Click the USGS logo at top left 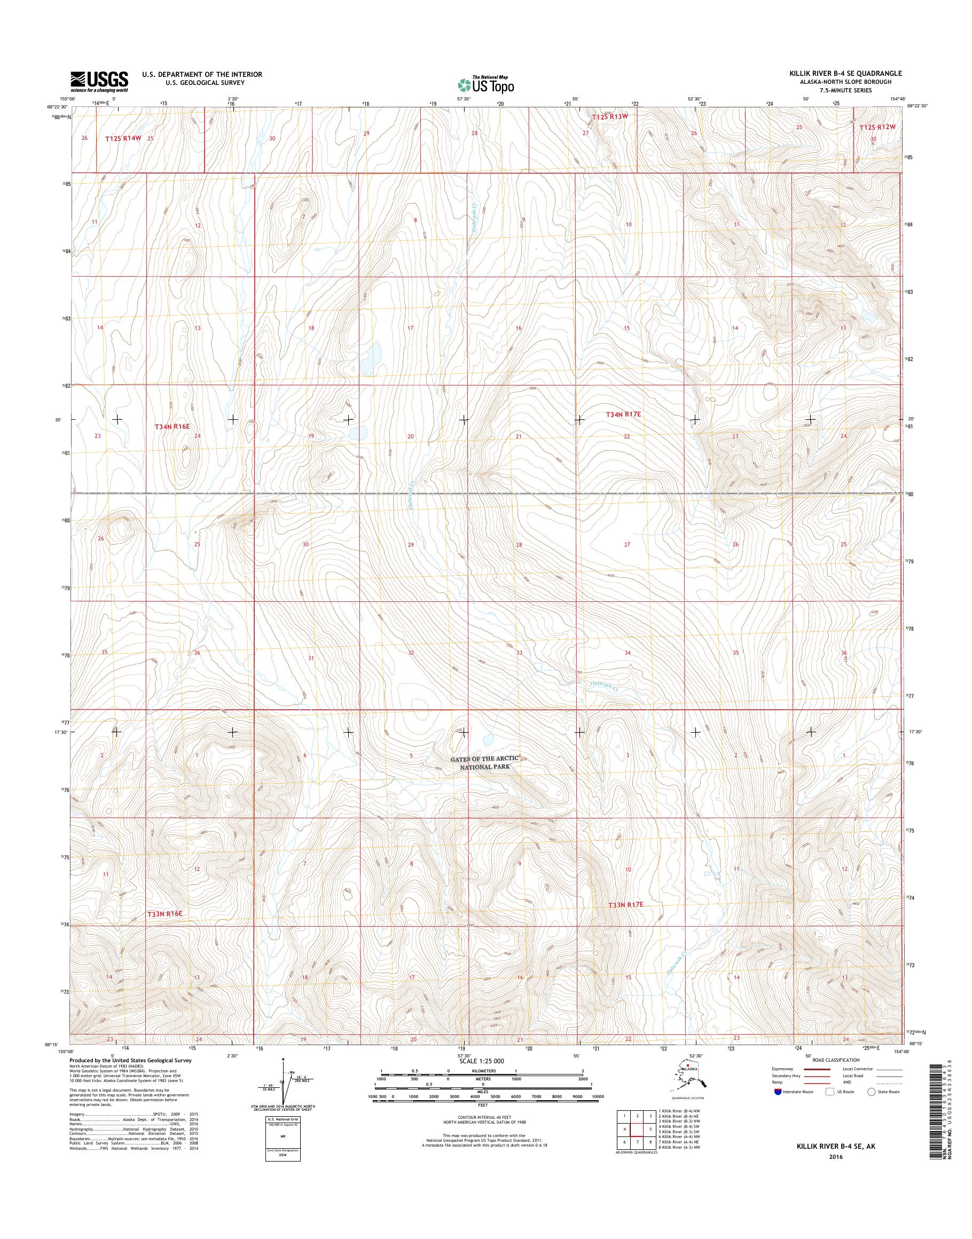[99, 81]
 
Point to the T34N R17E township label [623, 415]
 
